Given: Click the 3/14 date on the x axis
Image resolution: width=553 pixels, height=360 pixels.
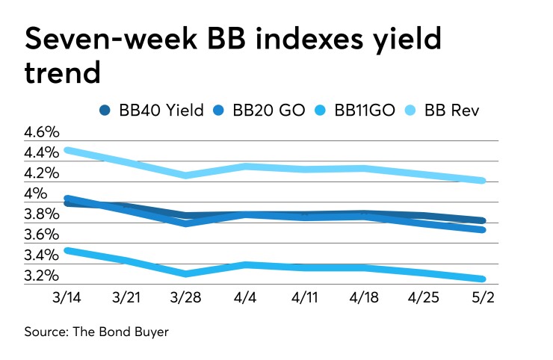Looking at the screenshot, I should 68,298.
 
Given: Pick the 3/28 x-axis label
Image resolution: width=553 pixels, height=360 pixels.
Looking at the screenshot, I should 185,298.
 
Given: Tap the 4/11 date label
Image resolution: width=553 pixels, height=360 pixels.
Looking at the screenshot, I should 301,298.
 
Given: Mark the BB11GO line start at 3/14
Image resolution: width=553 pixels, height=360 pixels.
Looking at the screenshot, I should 68,250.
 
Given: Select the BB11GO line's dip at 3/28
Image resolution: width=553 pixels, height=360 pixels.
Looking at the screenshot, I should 185,273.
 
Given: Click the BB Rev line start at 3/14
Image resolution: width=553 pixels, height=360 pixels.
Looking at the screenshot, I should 68,150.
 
